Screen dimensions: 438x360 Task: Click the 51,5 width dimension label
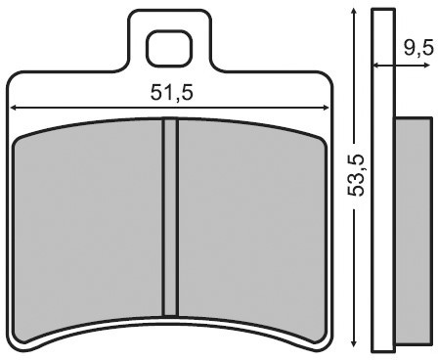(171, 93)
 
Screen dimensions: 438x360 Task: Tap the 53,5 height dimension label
(355, 175)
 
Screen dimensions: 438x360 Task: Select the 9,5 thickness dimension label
(418, 49)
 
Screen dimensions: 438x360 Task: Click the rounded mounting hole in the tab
(169, 49)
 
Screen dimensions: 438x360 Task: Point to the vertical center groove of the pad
(170, 217)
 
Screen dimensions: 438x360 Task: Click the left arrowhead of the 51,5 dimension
(14, 108)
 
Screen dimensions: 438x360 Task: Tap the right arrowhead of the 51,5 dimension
(326, 108)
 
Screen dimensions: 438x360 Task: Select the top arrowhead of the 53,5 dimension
(354, 13)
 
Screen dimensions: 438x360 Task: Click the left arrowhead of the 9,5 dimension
(376, 66)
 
